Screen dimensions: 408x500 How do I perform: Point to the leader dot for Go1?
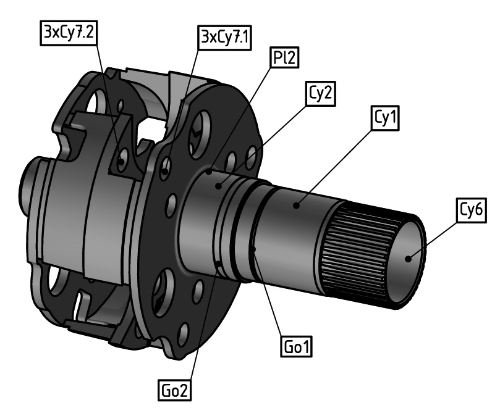point(254,249)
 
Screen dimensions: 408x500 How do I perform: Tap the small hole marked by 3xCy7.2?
point(122,162)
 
